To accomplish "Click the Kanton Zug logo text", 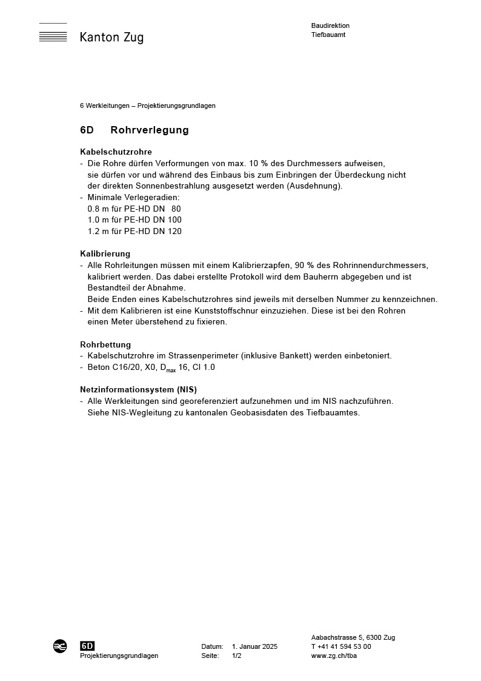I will pos(111,38).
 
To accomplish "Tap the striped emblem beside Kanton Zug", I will pos(53,33).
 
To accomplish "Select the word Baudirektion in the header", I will pos(330,25).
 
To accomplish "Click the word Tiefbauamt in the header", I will pos(328,35).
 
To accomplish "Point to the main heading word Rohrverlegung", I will pos(150,130).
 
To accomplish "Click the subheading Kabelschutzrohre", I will pos(116,152).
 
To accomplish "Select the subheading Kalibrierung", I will pos(105,253).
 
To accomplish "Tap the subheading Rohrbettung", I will pos(105,344).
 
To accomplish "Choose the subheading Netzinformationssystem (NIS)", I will pos(138,389).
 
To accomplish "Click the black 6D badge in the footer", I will pos(87,646).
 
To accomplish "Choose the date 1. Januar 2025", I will pos(254,646).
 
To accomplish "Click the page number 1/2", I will pos(236,656).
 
